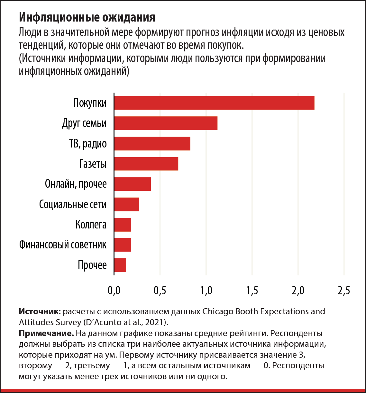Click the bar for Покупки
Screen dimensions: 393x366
click(x=214, y=103)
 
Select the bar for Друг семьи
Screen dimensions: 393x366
click(x=166, y=123)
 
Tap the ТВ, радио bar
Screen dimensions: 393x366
click(x=152, y=143)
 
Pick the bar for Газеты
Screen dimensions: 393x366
click(x=146, y=164)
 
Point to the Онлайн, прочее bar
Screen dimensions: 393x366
click(x=133, y=184)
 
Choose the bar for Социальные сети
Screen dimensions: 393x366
click(x=126, y=204)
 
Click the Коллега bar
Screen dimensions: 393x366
click(x=123, y=224)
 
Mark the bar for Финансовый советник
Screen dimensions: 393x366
click(x=123, y=245)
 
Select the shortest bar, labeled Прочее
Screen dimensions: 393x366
click(x=120, y=265)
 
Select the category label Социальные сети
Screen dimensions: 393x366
click(x=73, y=204)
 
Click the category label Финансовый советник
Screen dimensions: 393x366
click(x=63, y=245)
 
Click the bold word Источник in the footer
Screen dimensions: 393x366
click(x=39, y=311)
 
